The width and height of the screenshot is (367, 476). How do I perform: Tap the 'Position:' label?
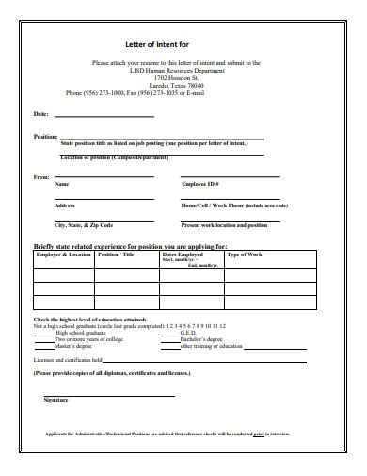45,137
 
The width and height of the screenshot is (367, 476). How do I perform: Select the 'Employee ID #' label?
200,185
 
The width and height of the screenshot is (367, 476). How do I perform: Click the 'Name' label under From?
61,185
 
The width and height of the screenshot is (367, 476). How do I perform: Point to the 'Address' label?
65,205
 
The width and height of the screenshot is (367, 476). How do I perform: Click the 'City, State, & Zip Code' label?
84,225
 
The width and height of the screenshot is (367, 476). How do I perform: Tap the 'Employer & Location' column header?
63,254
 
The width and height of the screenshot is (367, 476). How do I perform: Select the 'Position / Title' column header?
116,254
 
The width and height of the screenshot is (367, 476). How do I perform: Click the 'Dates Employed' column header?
183,254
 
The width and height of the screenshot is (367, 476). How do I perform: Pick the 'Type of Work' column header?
245,254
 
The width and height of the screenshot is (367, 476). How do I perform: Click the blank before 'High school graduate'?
44,333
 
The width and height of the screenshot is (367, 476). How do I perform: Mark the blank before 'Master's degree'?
44,346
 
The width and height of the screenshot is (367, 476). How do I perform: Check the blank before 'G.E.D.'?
168,333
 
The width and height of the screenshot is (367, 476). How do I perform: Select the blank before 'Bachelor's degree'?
168,339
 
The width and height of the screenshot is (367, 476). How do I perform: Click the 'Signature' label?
56,401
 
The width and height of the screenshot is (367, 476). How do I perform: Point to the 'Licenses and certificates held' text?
68,360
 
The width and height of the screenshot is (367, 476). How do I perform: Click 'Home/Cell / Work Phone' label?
234,205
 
